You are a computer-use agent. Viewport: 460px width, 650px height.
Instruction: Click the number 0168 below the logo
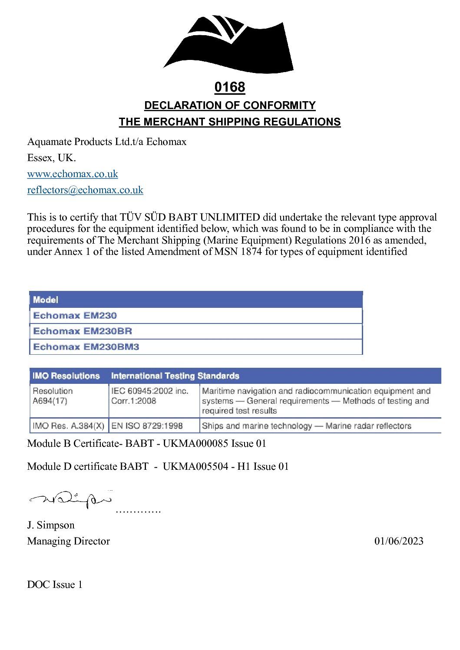tap(230, 87)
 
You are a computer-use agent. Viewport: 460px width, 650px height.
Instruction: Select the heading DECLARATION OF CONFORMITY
tap(230, 106)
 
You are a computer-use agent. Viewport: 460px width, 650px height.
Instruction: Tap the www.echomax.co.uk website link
tap(73, 174)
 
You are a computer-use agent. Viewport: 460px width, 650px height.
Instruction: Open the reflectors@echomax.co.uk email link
tap(85, 190)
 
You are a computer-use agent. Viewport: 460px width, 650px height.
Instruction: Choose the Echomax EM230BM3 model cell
tap(86, 347)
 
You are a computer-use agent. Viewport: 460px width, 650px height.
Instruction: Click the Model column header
tap(46, 300)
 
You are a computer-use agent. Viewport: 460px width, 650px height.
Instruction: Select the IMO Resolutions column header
tap(66, 376)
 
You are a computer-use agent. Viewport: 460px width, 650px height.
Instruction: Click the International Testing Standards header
tap(175, 376)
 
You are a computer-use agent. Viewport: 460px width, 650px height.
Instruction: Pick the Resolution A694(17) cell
tap(53, 396)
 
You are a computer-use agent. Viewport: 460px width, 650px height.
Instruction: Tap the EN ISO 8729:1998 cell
tap(147, 426)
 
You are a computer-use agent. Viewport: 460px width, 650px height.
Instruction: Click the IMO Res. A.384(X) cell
tap(68, 426)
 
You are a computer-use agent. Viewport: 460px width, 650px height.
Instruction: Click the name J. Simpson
tap(51, 525)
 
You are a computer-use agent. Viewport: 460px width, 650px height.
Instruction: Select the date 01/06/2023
tap(399, 541)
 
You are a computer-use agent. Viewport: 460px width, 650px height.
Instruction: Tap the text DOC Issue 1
tap(55, 584)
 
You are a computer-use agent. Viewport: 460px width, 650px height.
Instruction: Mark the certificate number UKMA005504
tap(195, 466)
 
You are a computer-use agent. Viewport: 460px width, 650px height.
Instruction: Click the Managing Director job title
tap(68, 541)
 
